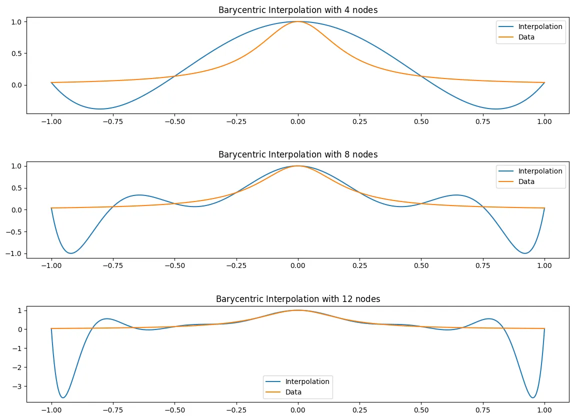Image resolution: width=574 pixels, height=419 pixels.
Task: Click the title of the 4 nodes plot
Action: point(298,10)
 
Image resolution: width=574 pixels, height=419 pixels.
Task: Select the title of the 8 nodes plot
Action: point(298,154)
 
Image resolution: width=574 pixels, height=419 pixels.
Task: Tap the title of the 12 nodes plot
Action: point(298,299)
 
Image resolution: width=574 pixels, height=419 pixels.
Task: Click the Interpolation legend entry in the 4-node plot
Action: point(540,27)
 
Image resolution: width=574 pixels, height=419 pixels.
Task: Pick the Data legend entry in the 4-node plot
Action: point(526,37)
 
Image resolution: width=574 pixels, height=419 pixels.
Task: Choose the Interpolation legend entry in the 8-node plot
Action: point(540,171)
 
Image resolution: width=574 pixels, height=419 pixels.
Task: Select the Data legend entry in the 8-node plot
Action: point(526,181)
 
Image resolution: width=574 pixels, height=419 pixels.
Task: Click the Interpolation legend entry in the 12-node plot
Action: point(307,381)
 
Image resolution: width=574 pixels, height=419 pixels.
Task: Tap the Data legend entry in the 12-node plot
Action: point(293,392)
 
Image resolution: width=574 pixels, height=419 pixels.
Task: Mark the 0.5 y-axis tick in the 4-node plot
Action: point(17,53)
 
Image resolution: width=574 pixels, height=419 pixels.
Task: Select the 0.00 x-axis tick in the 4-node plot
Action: point(298,121)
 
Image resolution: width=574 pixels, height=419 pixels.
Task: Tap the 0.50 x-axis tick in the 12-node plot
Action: point(421,410)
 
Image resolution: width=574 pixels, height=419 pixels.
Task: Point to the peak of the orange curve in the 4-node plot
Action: point(298,21)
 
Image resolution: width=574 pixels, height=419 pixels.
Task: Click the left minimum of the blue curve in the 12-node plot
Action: point(63,398)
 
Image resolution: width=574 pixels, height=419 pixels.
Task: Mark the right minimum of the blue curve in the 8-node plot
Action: point(525,253)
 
